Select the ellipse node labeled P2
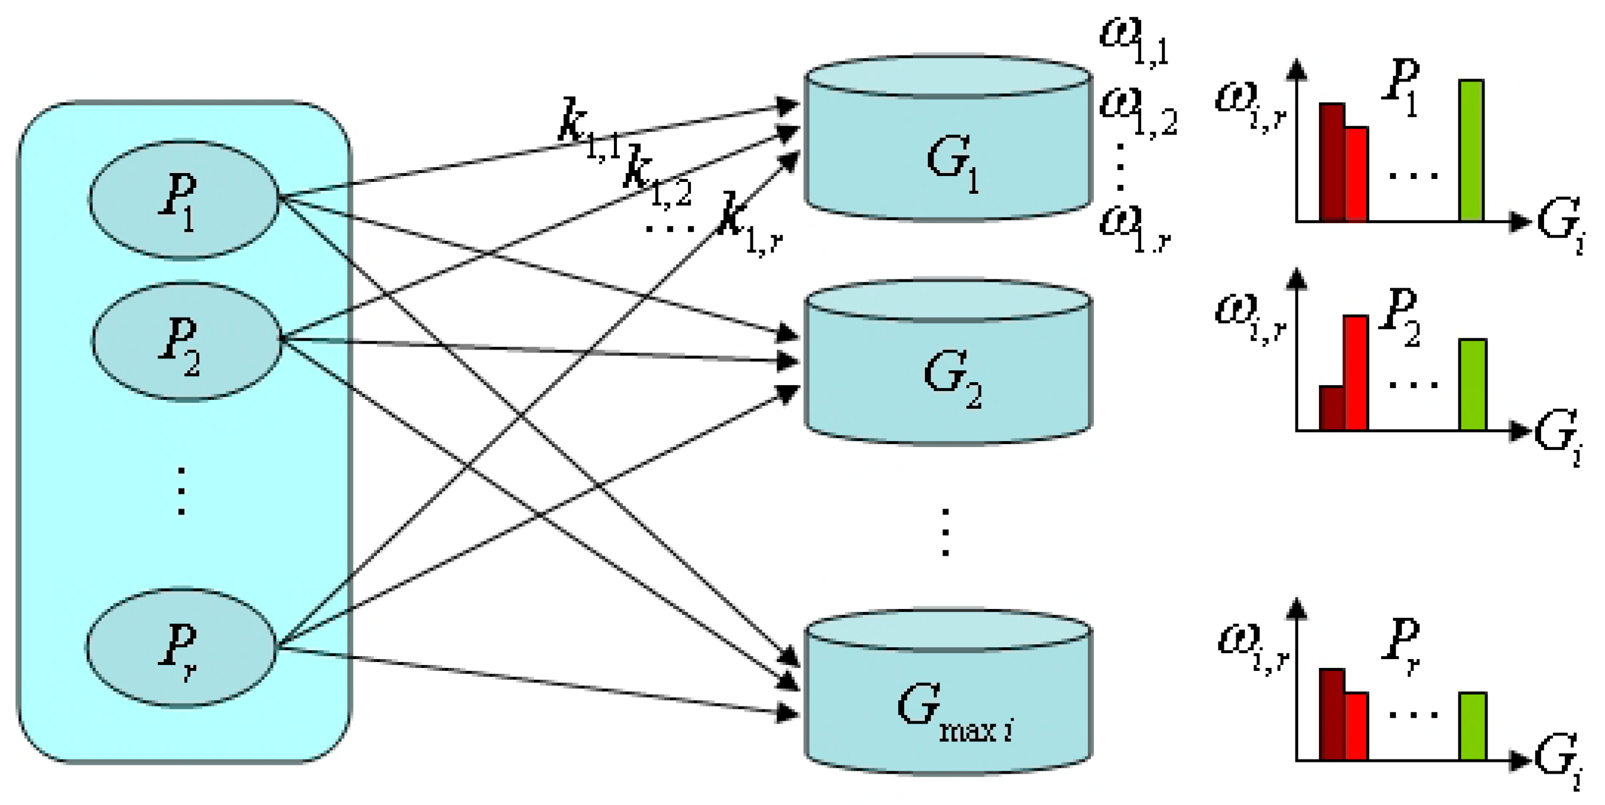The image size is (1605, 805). click(x=186, y=341)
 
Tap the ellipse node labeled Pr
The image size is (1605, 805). click(x=181, y=647)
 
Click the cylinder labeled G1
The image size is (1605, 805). click(x=948, y=156)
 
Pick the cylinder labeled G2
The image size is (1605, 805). click(x=948, y=373)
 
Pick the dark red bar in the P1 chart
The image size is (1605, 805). click(x=1332, y=162)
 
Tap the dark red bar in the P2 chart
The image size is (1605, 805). click(x=1332, y=408)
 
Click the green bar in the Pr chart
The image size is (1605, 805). click(x=1473, y=726)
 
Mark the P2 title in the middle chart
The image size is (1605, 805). click(x=1399, y=318)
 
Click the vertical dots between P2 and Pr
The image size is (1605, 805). click(x=181, y=492)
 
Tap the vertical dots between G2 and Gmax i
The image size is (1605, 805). click(x=945, y=532)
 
